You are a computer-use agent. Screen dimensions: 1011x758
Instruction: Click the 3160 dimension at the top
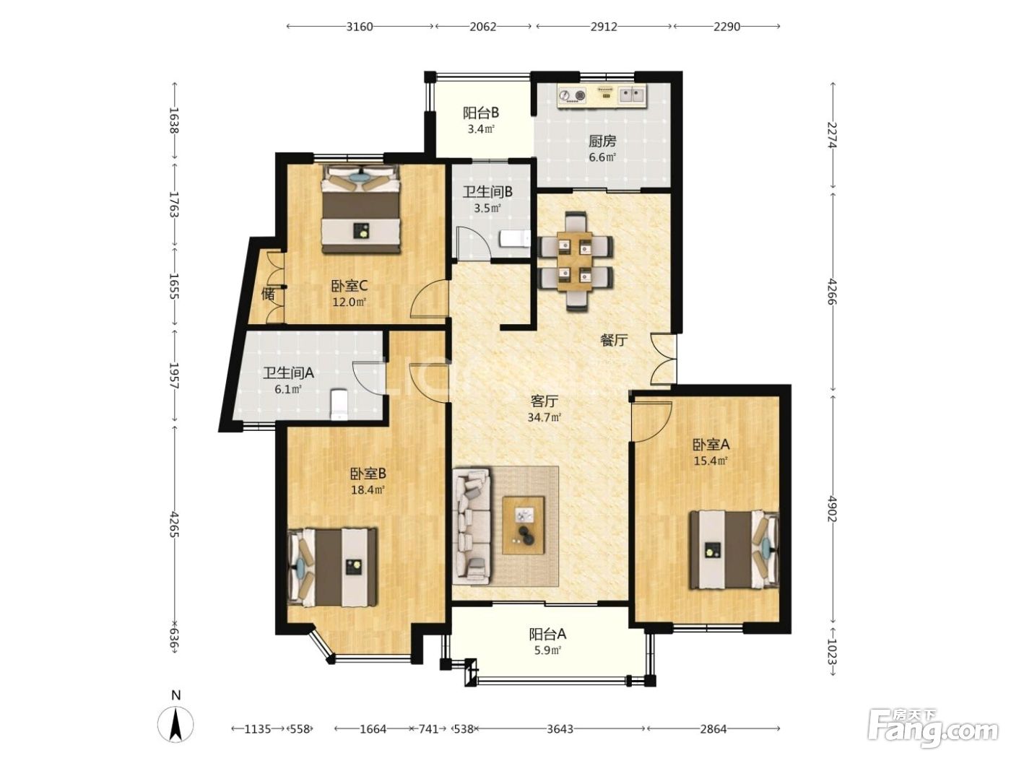click(359, 26)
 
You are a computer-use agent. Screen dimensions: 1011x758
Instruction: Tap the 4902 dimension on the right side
click(832, 508)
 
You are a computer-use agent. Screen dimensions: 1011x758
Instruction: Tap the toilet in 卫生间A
click(339, 404)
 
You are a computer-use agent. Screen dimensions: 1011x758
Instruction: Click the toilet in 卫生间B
click(514, 240)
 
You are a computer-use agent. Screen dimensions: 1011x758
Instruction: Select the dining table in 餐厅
click(575, 261)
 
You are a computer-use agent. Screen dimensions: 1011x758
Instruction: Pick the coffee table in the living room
click(523, 526)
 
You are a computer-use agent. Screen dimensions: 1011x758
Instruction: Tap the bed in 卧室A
click(734, 550)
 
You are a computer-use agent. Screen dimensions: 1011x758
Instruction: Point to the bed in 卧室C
click(360, 209)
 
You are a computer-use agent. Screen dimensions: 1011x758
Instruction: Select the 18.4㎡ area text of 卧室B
click(368, 489)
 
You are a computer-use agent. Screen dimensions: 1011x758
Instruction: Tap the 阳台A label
click(547, 635)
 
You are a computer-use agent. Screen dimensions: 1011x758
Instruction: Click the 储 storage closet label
click(268, 294)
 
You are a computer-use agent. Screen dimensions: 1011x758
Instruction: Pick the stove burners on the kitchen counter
click(572, 96)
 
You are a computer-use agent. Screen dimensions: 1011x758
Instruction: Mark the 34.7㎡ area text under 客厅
click(544, 418)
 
